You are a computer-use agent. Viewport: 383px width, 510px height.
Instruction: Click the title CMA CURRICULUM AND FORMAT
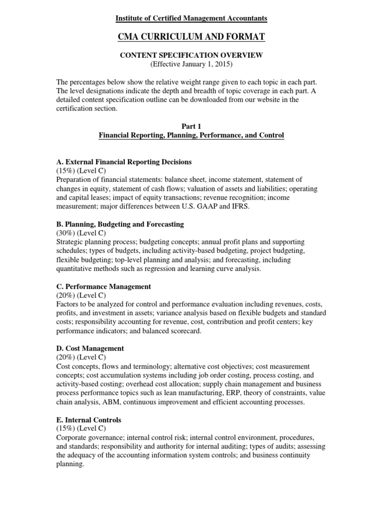click(x=191, y=36)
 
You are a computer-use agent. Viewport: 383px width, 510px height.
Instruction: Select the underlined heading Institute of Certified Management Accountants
click(x=191, y=18)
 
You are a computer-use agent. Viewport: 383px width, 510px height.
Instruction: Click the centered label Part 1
click(x=191, y=126)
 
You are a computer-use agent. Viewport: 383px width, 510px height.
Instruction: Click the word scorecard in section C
click(x=186, y=331)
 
